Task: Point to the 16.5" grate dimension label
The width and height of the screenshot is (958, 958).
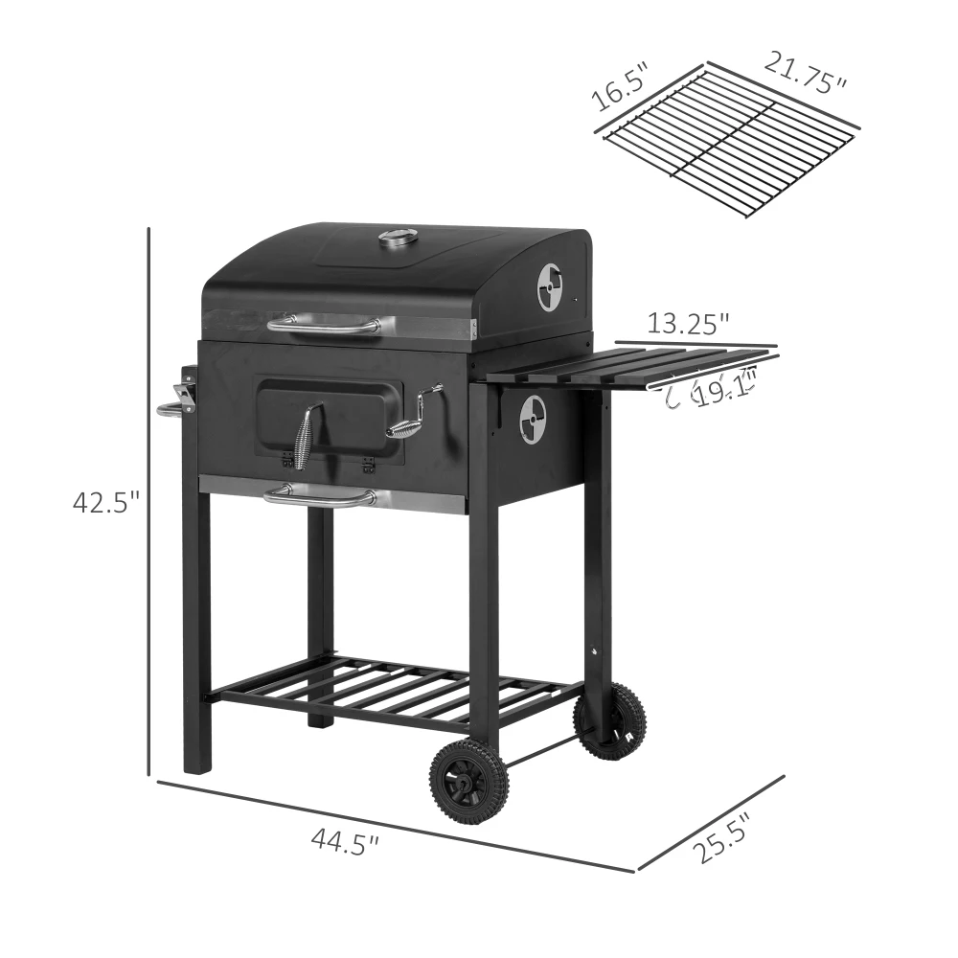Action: pyautogui.click(x=620, y=86)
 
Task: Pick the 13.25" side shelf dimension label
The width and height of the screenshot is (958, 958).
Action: pyautogui.click(x=688, y=324)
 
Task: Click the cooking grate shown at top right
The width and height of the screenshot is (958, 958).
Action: pyautogui.click(x=730, y=141)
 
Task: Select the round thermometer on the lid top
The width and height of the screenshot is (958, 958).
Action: pyautogui.click(x=398, y=237)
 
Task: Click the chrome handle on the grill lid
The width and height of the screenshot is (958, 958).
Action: pyautogui.click(x=323, y=326)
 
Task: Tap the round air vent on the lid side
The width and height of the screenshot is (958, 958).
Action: pyautogui.click(x=550, y=287)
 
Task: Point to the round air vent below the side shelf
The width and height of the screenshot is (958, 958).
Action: pyautogui.click(x=533, y=420)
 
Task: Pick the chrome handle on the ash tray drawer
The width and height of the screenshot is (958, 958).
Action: pyautogui.click(x=321, y=495)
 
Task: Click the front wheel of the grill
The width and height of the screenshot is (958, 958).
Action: pyautogui.click(x=468, y=783)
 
